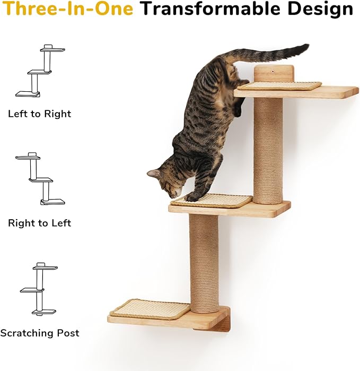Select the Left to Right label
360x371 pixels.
(39, 114)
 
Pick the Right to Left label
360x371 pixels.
(39, 223)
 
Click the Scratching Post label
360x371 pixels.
(40, 333)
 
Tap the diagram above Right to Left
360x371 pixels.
(40, 179)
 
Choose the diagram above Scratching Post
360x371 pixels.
(39, 289)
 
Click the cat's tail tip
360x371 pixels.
(305, 48)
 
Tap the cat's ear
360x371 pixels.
(154, 174)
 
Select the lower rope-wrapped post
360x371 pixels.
(204, 263)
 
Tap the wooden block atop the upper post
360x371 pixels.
(274, 73)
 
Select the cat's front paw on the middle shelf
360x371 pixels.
(191, 197)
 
